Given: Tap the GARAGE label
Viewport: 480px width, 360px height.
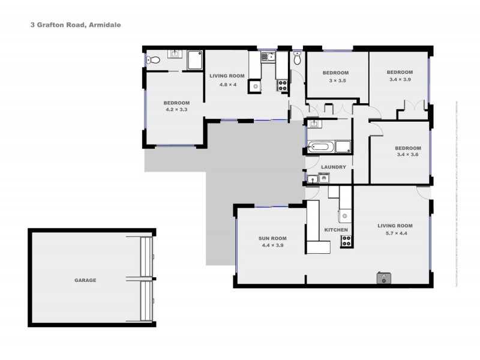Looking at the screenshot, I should pos(85,280).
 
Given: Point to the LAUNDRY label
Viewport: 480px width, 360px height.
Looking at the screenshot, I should pos(333,167).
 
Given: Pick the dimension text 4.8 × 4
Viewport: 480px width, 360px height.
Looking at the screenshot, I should pos(227,85).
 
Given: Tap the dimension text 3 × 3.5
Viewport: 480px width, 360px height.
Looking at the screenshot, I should pos(337,80).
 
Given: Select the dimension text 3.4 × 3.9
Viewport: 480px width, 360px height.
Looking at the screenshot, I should pos(401,79).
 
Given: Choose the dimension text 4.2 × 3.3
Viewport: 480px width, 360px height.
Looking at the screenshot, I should pos(176,109).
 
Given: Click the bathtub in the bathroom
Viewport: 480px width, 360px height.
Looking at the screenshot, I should pos(321,146).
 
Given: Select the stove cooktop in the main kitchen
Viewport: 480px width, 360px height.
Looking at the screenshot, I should pos(346,241).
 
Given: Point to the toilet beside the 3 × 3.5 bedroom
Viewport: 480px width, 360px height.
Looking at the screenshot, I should pos(298,59).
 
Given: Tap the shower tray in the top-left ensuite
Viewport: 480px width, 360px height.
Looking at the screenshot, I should pos(196,60).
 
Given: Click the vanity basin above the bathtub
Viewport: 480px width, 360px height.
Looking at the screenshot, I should pos(313,124).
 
